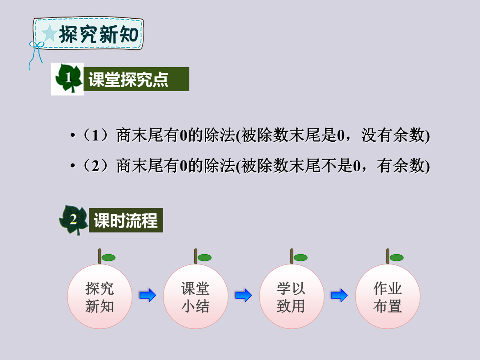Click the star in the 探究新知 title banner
coord(49,33)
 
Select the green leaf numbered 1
coord(68,78)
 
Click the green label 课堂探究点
coord(136,79)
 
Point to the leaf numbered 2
coord(74,220)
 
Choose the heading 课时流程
coord(126,220)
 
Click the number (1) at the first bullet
coord(96,135)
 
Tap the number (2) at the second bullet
coord(96,166)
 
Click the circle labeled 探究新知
coord(100,296)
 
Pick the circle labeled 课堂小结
coord(196,296)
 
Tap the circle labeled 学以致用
coord(292,296)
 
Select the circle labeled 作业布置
coord(388,296)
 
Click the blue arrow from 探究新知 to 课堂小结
coord(148,296)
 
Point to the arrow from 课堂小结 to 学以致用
coord(244,296)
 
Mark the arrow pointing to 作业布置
coord(339,296)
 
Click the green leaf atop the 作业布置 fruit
coord(396,258)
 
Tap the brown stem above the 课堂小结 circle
coord(196,256)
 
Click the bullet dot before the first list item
coord(72,135)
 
